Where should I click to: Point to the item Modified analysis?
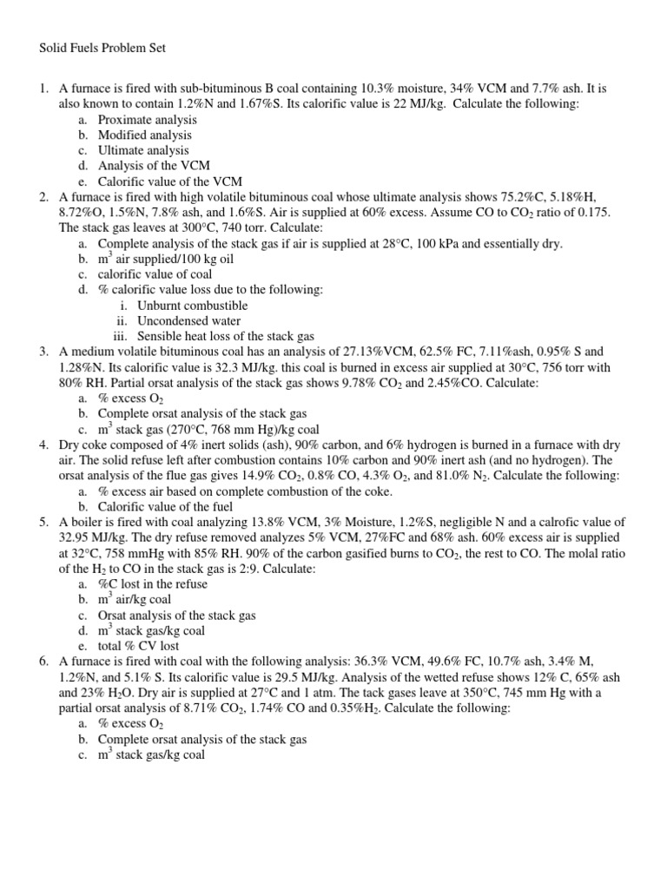point(145,135)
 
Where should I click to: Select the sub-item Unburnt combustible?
point(192,306)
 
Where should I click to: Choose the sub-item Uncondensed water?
point(190,321)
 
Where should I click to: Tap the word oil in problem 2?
point(225,259)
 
